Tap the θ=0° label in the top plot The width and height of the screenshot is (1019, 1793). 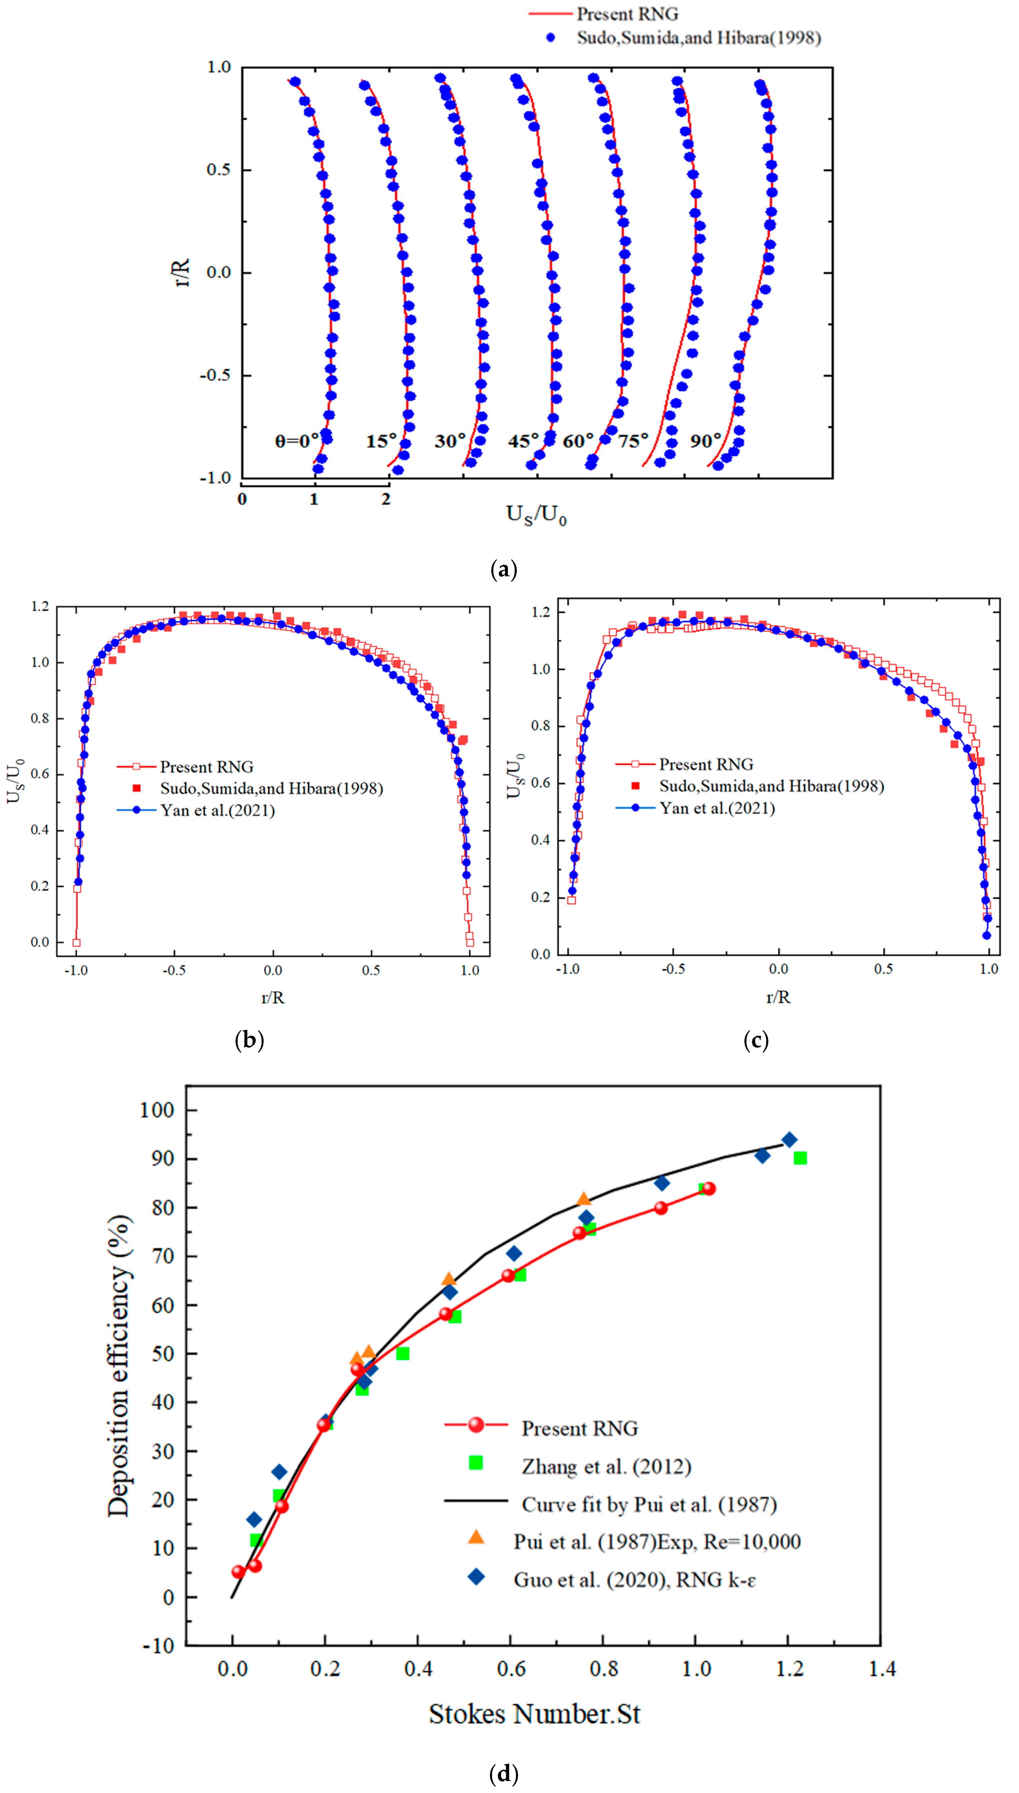click(296, 441)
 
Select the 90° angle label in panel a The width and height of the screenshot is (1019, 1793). click(706, 441)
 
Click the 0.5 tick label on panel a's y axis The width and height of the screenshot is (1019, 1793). click(218, 170)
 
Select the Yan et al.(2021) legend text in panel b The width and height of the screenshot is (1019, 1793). click(218, 810)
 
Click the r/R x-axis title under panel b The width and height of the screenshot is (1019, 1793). click(273, 997)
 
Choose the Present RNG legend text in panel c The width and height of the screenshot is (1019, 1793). click(706, 764)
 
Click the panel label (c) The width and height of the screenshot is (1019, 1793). click(756, 1041)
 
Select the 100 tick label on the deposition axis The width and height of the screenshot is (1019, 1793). click(157, 1110)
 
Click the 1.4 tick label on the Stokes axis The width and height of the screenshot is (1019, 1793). click(882, 1669)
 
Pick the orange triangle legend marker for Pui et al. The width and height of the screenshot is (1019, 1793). click(476, 1536)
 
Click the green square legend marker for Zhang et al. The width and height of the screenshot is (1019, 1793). click(476, 1463)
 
